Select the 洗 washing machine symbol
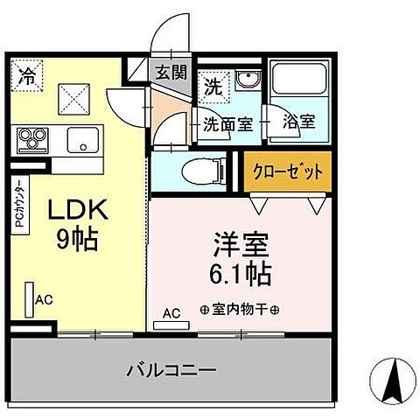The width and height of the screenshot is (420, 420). (x=213, y=86)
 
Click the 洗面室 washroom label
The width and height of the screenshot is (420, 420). (x=228, y=123)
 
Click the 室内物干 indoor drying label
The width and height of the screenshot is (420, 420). (x=239, y=310)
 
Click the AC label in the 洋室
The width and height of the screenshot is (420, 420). (x=171, y=312)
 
